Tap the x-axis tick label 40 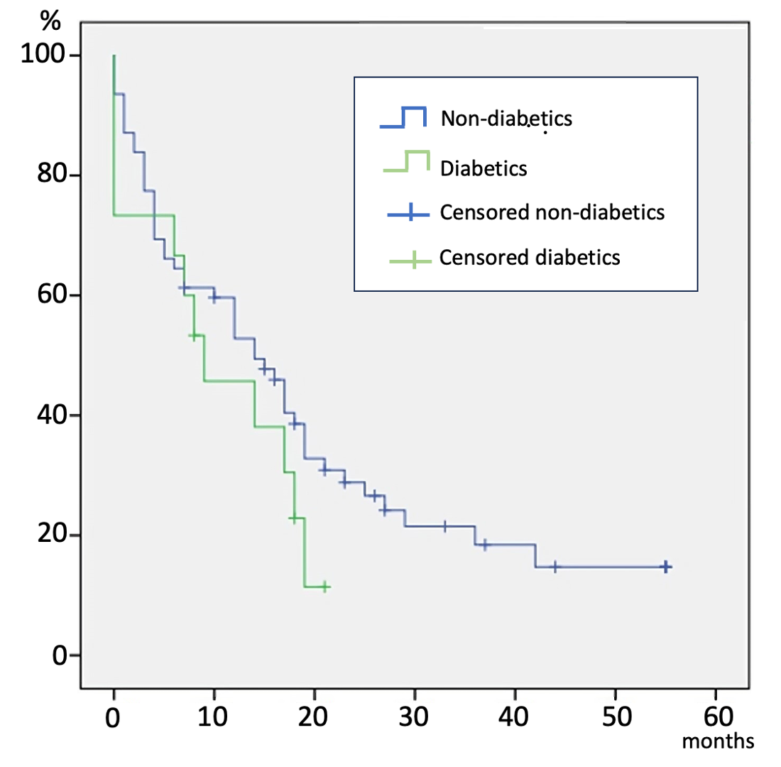(514, 716)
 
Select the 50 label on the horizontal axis (614, 716)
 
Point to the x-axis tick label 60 (714, 716)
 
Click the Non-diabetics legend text (506, 118)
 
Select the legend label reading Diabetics (483, 169)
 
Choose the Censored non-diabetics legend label (552, 212)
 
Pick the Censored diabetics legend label (530, 257)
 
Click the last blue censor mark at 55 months (665, 567)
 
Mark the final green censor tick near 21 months (324, 587)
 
